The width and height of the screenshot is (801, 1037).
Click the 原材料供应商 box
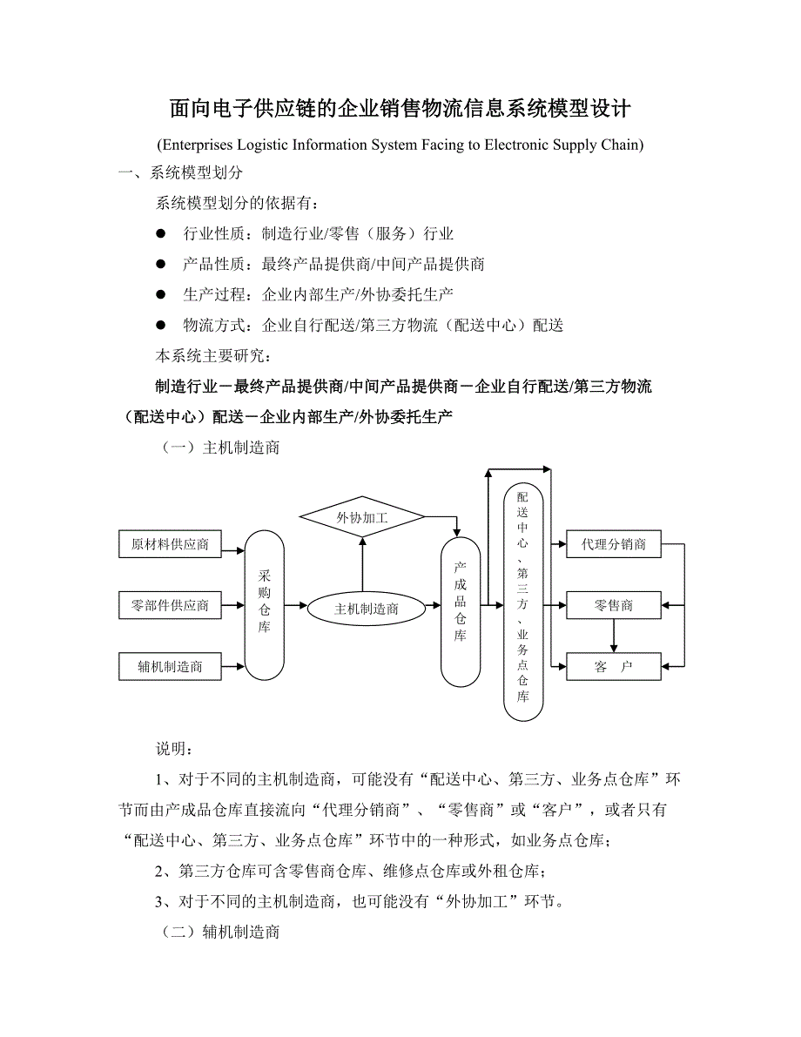(170, 545)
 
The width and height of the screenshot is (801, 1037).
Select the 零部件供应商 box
(170, 605)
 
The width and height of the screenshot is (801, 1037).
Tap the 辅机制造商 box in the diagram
(170, 667)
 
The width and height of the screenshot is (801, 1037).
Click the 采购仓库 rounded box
(265, 605)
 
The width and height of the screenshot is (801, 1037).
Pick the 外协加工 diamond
(362, 518)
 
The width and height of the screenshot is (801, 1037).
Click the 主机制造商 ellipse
(367, 609)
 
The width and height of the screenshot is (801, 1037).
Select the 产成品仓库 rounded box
(461, 611)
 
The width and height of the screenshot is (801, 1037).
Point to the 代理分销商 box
(614, 545)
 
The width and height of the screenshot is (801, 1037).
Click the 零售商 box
(614, 605)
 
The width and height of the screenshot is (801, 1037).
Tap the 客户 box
(614, 667)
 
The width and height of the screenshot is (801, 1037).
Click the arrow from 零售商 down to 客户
(614, 636)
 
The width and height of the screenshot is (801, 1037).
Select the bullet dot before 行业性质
(160, 233)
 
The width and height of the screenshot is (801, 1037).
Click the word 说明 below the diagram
(169, 749)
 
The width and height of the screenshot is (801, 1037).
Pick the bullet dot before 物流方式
(160, 325)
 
